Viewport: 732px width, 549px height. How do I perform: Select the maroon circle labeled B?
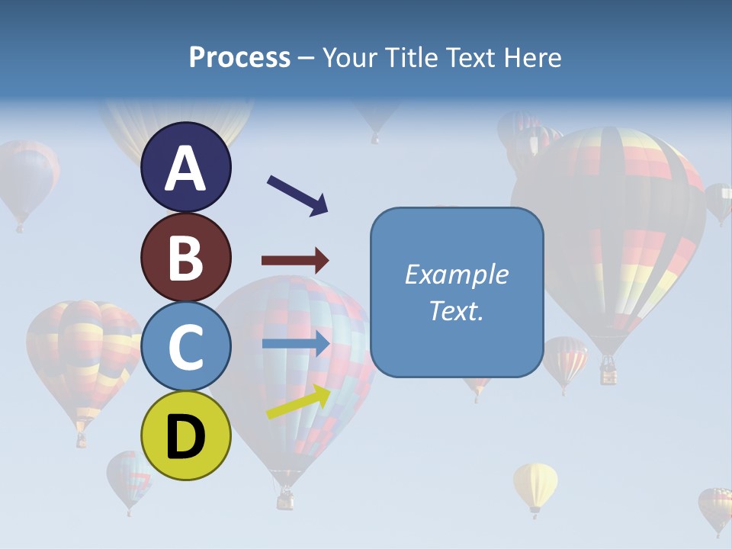tap(185, 257)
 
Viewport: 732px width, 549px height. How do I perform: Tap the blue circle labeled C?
tap(185, 347)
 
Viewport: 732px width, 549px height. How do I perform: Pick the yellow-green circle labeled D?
tap(185, 435)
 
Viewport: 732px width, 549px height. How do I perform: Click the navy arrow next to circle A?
tap(297, 195)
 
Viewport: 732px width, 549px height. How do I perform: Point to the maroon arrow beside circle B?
tap(295, 260)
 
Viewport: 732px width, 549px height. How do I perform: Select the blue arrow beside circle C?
tap(296, 345)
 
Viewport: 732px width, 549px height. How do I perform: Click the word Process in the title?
tap(239, 58)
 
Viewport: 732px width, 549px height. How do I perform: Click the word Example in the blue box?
tap(456, 274)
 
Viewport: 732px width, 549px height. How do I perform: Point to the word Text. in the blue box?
tap(456, 311)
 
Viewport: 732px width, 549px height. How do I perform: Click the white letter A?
tap(185, 169)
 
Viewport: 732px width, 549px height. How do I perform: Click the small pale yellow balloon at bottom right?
tap(535, 485)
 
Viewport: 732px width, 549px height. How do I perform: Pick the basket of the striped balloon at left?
tap(81, 439)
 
